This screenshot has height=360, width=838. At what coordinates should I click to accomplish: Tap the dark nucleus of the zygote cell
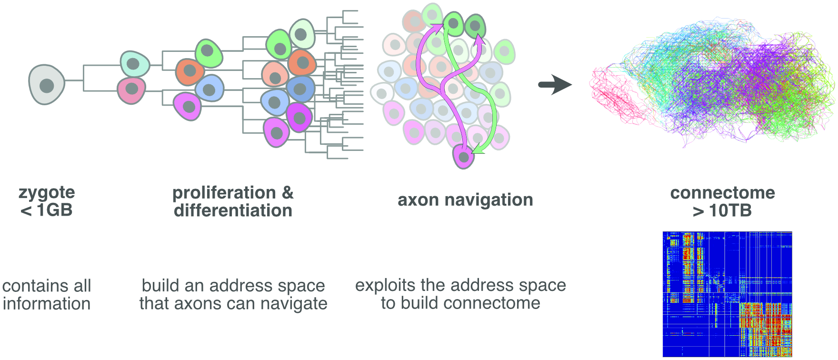point(47,86)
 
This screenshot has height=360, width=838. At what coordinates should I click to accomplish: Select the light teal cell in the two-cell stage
point(135,64)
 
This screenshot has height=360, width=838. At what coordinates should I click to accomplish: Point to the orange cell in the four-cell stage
point(190,71)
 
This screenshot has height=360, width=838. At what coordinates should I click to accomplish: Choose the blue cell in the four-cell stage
point(209,89)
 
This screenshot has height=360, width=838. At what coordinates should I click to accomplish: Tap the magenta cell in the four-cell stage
point(187,107)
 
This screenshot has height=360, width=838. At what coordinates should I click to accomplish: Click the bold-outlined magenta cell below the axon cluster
point(463,156)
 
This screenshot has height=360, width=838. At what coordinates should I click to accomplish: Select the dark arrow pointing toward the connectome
point(555,85)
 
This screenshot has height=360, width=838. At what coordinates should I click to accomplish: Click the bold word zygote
point(47,192)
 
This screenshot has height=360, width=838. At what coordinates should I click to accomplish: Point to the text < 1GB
point(47,210)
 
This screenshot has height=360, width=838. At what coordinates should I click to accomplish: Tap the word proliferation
point(224,193)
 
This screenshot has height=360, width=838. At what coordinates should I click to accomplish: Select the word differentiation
point(233,210)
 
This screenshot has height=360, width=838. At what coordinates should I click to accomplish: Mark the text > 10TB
point(722,210)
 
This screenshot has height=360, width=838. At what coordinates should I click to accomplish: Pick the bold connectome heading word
point(722,193)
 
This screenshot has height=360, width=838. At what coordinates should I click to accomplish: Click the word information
point(47,304)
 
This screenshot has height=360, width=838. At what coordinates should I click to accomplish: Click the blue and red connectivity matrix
point(727,294)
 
